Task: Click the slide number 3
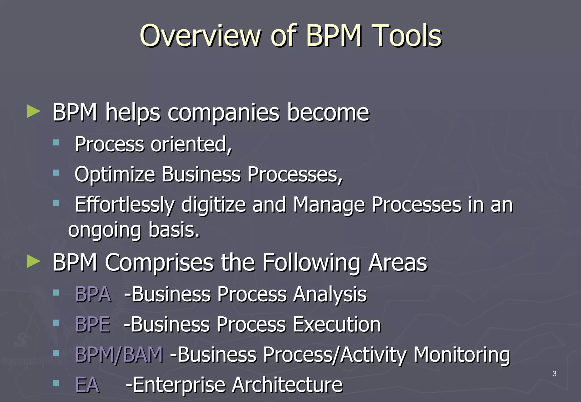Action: (554, 374)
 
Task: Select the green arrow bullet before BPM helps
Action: (33, 111)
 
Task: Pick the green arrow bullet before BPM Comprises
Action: (33, 261)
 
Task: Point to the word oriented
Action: (191, 144)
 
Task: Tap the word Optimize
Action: (115, 174)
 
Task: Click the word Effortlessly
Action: (125, 205)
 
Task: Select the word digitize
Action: (213, 204)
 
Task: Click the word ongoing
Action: (104, 230)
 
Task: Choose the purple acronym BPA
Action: (93, 294)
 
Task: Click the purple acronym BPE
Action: (92, 324)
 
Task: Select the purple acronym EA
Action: (87, 385)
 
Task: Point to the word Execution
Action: (336, 324)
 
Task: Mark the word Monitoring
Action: (462, 355)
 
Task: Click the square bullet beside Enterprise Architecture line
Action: (56, 383)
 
